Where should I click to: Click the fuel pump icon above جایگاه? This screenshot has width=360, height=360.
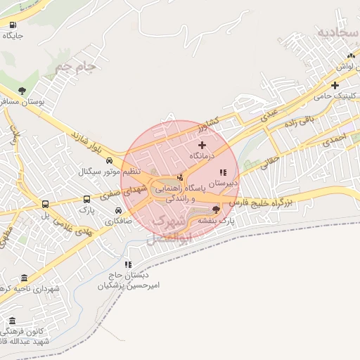point(14,25)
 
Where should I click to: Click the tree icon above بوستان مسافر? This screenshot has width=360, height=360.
point(22,90)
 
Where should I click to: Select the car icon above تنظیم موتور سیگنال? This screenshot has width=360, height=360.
point(109,161)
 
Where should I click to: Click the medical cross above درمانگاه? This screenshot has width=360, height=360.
point(202,144)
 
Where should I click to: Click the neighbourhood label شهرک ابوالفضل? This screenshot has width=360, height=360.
point(169,229)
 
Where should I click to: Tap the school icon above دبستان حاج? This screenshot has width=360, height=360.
point(127,265)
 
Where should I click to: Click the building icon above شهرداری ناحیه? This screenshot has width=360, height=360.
point(25,278)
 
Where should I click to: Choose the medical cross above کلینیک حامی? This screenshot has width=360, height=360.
point(335,85)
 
